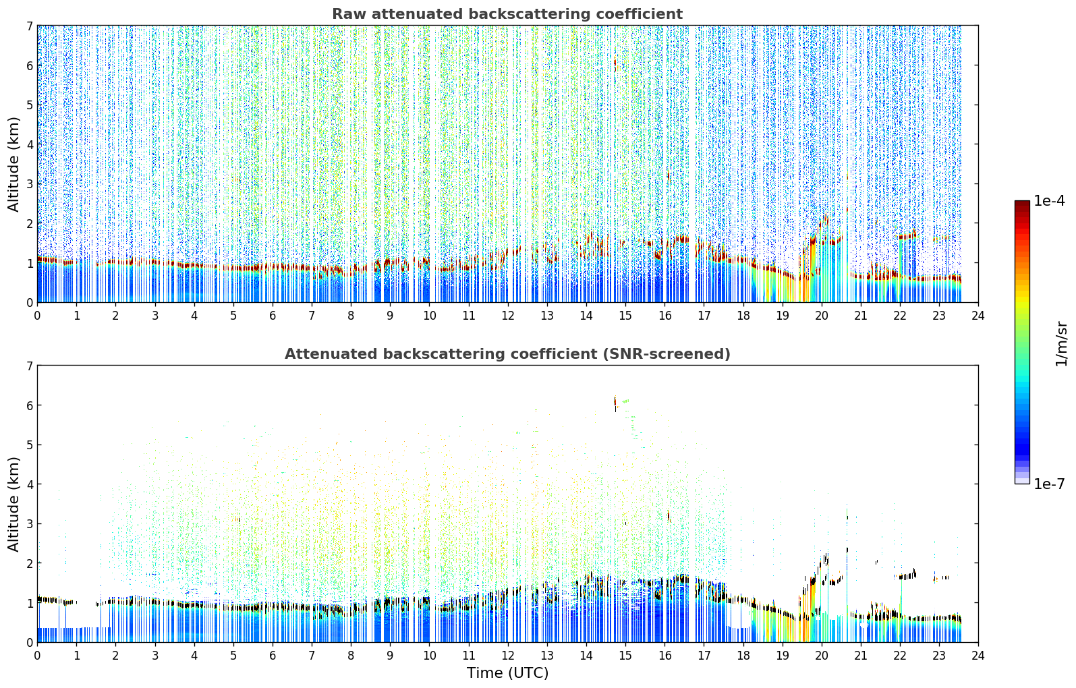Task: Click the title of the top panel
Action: point(507,14)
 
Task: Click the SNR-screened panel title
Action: point(507,354)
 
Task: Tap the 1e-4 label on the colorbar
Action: point(1049,201)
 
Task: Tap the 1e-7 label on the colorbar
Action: point(1049,484)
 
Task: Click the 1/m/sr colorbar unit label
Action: point(1061,344)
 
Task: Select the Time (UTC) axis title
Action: point(507,672)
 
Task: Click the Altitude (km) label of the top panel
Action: point(13,165)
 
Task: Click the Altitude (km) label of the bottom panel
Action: point(13,505)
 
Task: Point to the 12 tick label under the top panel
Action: point(508,316)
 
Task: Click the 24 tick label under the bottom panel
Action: point(978,656)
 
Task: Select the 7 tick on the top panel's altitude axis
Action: point(30,26)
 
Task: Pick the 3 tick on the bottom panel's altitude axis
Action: point(30,523)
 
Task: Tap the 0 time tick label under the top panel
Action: point(38,316)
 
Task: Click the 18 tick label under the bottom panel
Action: point(743,656)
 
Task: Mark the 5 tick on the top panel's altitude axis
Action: point(30,105)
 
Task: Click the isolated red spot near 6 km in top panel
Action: point(615,63)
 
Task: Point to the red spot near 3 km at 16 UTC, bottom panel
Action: point(669,516)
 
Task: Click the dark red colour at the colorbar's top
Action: point(1022,204)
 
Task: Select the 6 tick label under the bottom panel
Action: point(273,656)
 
